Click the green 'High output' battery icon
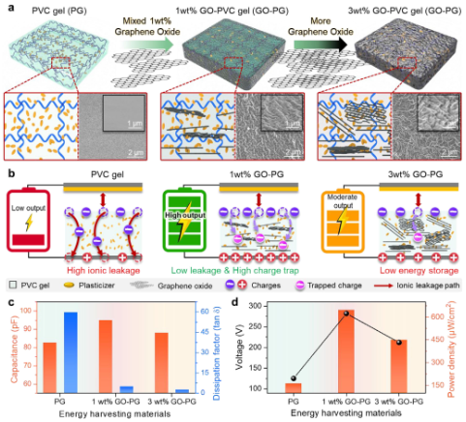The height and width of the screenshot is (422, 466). pyautogui.click(x=184, y=228)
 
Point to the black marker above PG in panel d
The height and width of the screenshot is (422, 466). pyautogui.click(x=294, y=379)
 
